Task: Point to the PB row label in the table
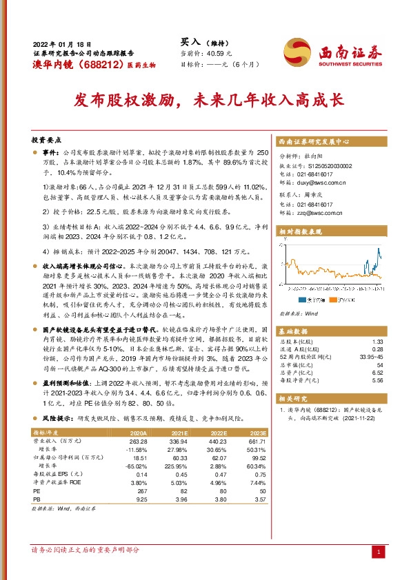(x=38, y=499)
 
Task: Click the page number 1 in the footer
(x=379, y=552)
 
